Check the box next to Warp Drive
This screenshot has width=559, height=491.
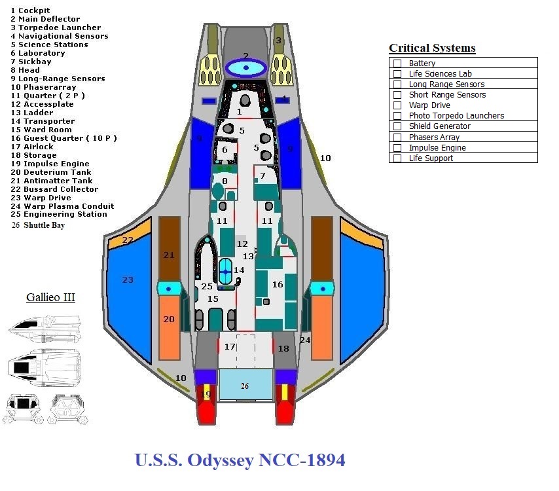(397, 105)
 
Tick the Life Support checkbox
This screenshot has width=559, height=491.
(397, 158)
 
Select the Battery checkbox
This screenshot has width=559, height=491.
(397, 64)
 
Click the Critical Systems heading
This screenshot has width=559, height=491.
(432, 48)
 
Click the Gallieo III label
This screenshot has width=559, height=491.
(50, 297)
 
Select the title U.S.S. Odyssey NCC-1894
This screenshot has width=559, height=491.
(240, 460)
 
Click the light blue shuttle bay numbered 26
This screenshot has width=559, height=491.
(245, 385)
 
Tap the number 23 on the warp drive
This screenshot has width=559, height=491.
(128, 280)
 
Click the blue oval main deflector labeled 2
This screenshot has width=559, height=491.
(246, 67)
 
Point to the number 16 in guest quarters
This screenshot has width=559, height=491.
(278, 285)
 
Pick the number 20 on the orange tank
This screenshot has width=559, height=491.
(169, 319)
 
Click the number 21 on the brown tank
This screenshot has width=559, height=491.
(169, 255)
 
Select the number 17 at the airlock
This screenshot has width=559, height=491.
(230, 346)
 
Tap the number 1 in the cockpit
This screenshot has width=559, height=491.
(240, 112)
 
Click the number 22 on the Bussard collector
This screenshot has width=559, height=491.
(128, 240)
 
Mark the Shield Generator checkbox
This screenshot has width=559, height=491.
(397, 126)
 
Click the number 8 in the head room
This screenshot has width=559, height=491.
(225, 181)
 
